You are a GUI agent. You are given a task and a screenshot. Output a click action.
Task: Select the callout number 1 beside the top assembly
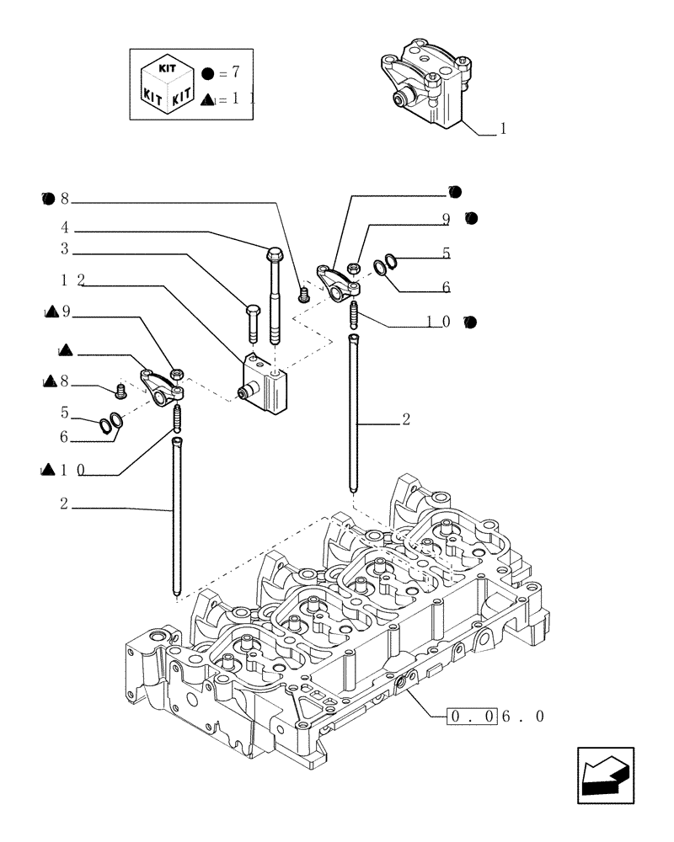coord(503,129)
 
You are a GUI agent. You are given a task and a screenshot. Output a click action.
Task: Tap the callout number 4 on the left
coord(64,227)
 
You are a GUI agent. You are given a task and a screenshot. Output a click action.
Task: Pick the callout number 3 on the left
coord(64,249)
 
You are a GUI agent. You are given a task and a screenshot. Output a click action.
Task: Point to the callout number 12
coord(71,278)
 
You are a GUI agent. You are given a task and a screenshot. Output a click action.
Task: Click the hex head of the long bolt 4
coord(274,253)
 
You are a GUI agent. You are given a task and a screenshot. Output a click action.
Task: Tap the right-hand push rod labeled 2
coord(356,413)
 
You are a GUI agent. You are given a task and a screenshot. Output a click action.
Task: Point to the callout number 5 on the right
coord(446,252)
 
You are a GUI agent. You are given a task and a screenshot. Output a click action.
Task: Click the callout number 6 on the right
coord(445,287)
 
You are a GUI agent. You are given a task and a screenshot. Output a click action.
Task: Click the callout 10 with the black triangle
coord(71,471)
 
